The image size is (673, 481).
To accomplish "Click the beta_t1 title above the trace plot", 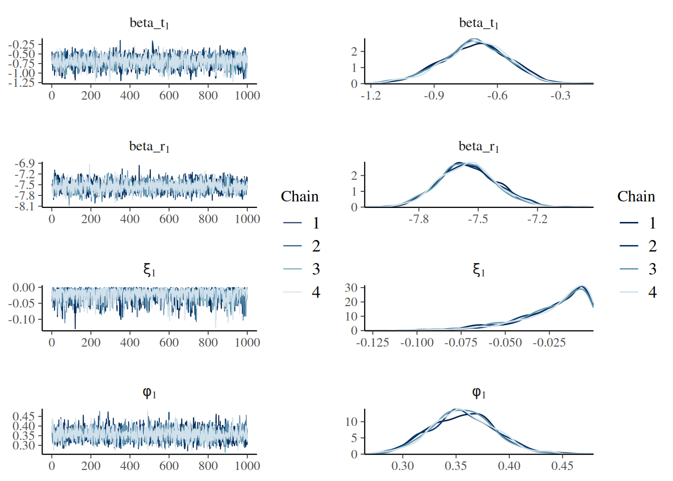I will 149,23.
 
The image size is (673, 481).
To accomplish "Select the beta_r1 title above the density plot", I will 479,146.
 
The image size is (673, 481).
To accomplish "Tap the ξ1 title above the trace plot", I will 149,271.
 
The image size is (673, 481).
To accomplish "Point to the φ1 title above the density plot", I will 479,393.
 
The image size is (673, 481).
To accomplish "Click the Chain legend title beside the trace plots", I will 299,196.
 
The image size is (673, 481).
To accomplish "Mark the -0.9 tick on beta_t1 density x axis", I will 434,96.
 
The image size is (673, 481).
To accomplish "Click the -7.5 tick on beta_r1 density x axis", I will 478,219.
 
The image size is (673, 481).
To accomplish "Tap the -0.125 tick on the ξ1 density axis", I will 373,343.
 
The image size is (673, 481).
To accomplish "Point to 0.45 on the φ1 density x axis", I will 562,466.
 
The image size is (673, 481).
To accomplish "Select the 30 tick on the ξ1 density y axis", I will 351,288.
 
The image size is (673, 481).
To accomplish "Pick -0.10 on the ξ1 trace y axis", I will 24,319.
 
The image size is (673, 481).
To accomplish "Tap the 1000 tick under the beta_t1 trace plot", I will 247,96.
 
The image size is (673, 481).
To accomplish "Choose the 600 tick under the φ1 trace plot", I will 169,466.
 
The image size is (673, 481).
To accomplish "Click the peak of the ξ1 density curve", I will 581,287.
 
